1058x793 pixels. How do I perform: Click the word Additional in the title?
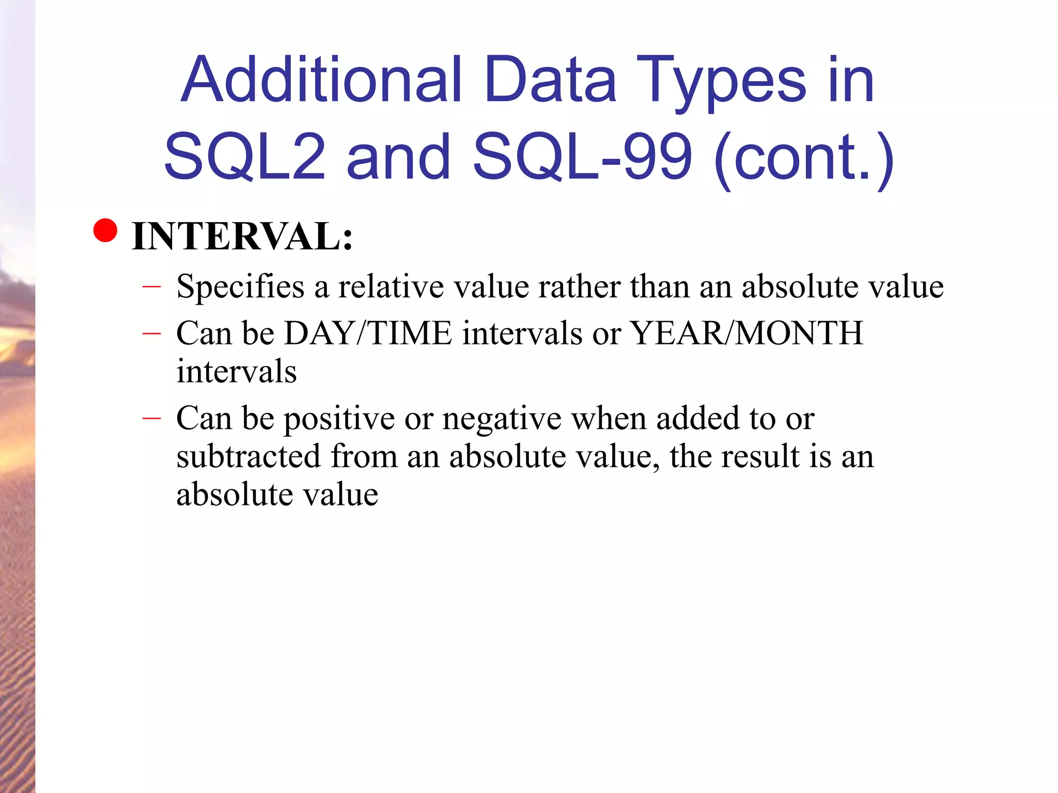321,80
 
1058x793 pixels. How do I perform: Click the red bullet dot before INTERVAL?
106,230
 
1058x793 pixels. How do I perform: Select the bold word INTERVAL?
242,236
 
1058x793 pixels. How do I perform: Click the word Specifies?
240,287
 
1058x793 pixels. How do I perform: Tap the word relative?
391,287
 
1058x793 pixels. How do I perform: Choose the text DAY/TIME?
368,333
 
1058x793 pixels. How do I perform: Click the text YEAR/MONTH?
746,333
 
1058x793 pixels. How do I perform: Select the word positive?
339,418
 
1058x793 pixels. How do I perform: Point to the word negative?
502,418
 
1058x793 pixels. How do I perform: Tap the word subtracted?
248,456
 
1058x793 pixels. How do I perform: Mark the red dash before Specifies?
151,286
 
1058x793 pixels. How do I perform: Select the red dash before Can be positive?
151,418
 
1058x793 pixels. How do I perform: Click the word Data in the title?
550,80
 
